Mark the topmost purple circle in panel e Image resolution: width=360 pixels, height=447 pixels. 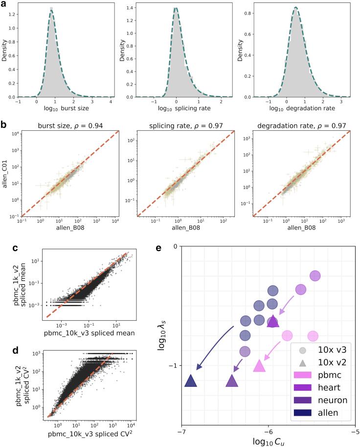[x=315, y=276]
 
